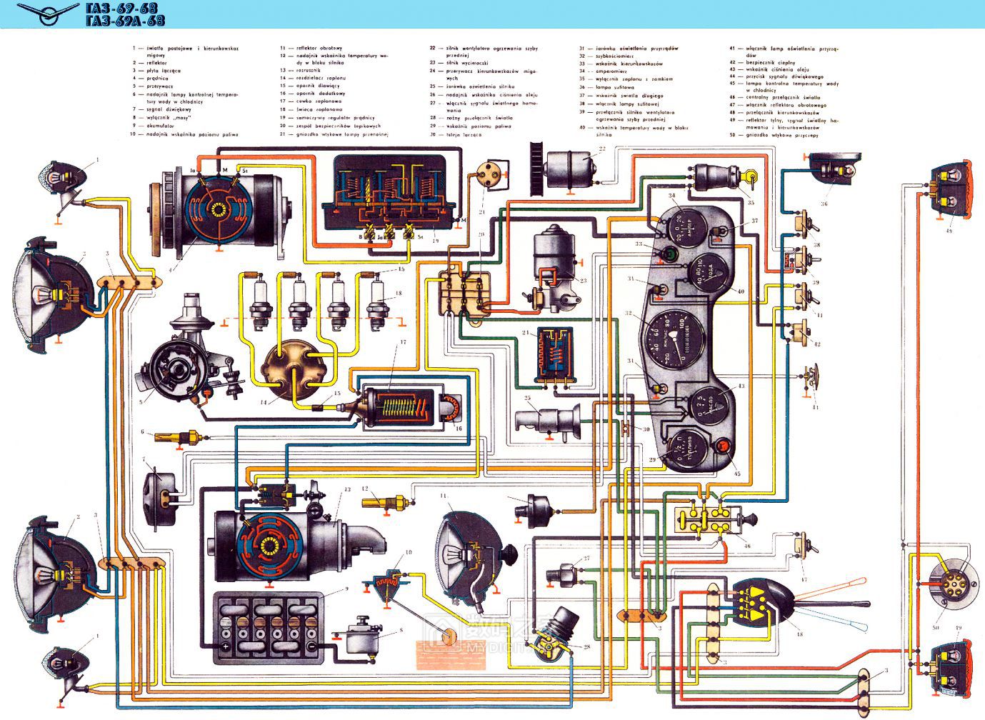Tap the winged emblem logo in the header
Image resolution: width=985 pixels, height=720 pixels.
pos(48,12)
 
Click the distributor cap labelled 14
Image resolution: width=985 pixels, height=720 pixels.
pos(294,371)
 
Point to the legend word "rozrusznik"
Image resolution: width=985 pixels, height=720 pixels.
pos(311,71)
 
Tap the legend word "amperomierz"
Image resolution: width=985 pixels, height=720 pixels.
pos(610,71)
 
